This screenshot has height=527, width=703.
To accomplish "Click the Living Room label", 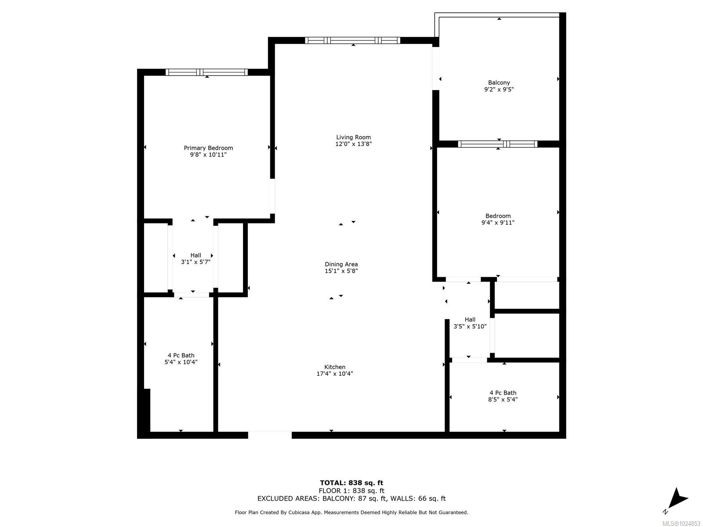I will click(353, 137).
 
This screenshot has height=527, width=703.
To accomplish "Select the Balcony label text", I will click(499, 83).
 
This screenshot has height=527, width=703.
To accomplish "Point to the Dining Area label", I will click(341, 264).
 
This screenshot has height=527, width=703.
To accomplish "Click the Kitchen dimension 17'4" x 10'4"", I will click(335, 374).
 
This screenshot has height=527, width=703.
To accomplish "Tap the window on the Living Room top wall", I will click(352, 40).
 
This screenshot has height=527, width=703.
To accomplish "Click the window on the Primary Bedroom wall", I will click(207, 72).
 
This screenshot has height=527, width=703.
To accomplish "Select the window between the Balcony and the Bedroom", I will click(497, 144).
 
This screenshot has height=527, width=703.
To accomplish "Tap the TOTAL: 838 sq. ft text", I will click(351, 483).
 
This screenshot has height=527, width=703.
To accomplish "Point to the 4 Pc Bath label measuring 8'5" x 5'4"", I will click(503, 393).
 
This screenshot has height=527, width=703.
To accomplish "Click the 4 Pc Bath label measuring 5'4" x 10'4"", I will click(181, 355).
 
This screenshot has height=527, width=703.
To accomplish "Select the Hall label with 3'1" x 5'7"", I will click(196, 255).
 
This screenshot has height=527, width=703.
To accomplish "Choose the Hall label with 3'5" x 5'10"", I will click(470, 320).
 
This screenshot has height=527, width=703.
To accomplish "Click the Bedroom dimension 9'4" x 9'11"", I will click(498, 223).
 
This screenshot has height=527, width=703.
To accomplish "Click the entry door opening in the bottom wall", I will click(270, 435).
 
